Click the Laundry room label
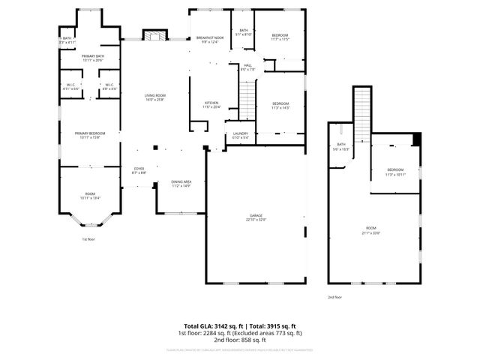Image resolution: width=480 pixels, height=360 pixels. tap(240, 136)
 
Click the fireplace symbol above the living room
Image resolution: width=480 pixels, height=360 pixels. tap(155, 35)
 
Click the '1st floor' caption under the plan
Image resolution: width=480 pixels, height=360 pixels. tap(89, 239)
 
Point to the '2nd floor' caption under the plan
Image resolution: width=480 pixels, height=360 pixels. tap(334, 297)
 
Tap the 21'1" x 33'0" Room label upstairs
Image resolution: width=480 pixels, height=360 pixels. tap(370, 230)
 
